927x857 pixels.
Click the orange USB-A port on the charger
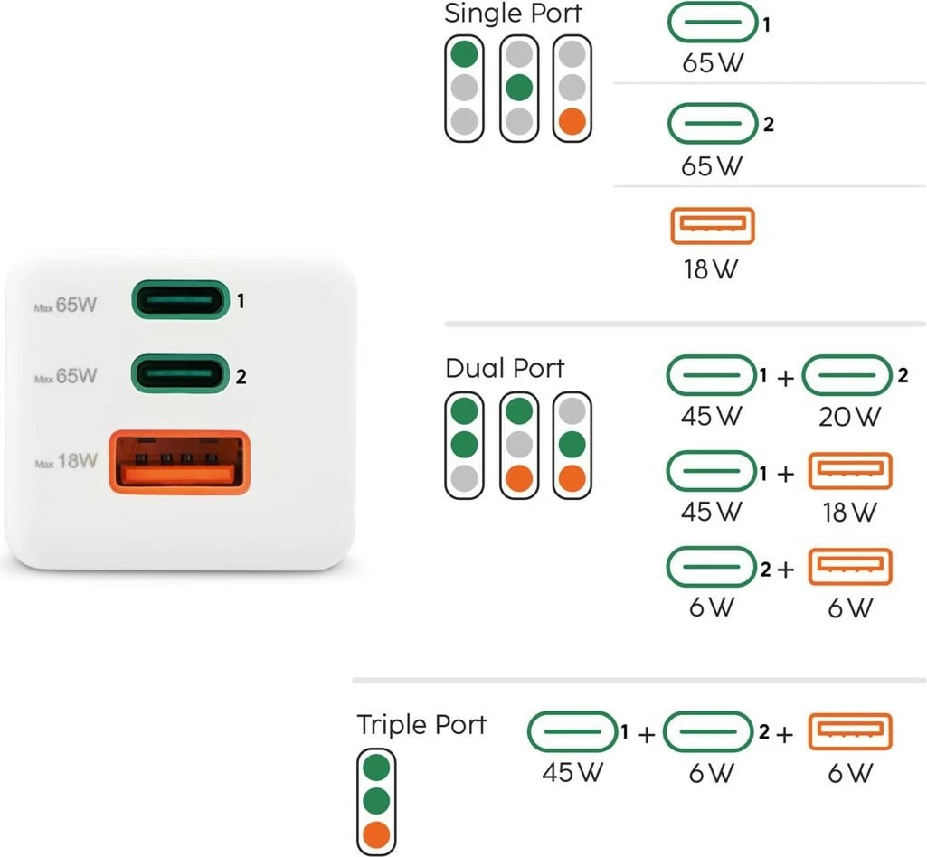(x=178, y=462)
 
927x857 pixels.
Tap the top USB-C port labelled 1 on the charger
(x=179, y=300)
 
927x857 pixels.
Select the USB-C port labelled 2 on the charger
(x=179, y=372)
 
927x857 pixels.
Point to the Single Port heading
(x=513, y=14)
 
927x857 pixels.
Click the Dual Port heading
(x=505, y=369)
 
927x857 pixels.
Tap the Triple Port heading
(x=421, y=725)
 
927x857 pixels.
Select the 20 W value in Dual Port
(x=848, y=417)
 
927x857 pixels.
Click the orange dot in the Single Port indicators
(x=572, y=120)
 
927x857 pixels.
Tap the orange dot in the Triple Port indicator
(x=375, y=833)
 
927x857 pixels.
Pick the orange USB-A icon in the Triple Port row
(x=849, y=731)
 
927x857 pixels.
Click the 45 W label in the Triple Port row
(x=572, y=773)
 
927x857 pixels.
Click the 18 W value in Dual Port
(x=848, y=512)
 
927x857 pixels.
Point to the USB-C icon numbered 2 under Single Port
(x=712, y=123)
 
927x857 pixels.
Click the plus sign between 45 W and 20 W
(x=785, y=379)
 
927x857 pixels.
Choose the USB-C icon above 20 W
(x=847, y=375)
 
